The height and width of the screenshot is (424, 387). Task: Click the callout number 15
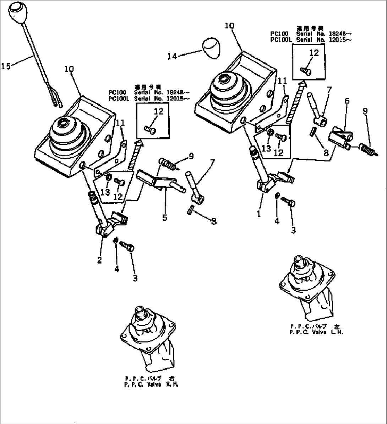pyautogui.click(x=6, y=65)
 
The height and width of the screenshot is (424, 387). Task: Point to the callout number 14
pyautogui.click(x=172, y=56)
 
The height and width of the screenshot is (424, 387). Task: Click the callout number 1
pyautogui.click(x=259, y=214)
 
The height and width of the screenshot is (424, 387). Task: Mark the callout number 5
pyautogui.click(x=165, y=217)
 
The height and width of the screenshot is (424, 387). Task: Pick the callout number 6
pyautogui.click(x=347, y=101)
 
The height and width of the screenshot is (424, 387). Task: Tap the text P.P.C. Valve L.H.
pyautogui.click(x=316, y=332)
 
